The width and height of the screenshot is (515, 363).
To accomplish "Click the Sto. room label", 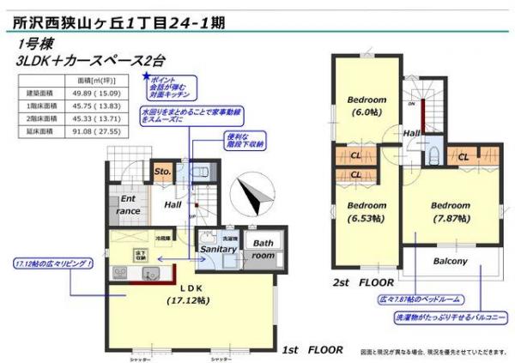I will pyautogui.click(x=163, y=172).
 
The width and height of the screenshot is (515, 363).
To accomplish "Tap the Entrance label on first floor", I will pyautogui.click(x=127, y=205).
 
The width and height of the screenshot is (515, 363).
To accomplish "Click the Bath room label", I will pyautogui.click(x=263, y=249).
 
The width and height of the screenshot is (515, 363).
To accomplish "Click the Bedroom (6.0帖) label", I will pyautogui.click(x=367, y=106).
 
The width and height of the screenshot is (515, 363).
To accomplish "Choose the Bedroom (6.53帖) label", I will pyautogui.click(x=367, y=212).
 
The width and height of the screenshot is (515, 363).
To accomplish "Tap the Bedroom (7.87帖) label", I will pyautogui.click(x=450, y=212).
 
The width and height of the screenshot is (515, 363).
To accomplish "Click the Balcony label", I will pyautogui.click(x=449, y=261).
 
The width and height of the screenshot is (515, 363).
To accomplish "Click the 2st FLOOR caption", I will pyautogui.click(x=364, y=281).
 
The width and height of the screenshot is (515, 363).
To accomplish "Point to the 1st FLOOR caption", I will pyautogui.click(x=312, y=350).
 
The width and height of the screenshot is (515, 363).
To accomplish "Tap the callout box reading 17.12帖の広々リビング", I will pyautogui.click(x=54, y=263).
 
